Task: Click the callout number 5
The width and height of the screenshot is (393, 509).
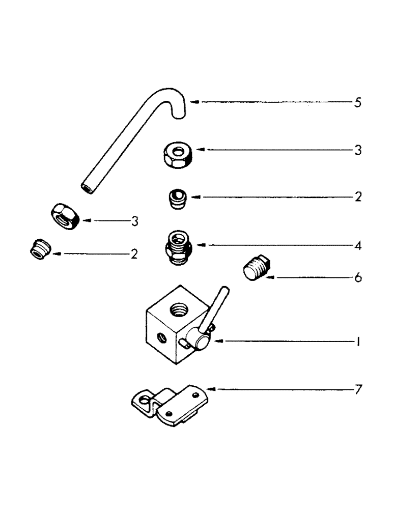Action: (x=358, y=102)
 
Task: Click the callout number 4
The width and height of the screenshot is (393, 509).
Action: (x=358, y=246)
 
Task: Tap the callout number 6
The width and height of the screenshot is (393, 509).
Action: (x=358, y=278)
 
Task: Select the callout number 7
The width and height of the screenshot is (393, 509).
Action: (x=358, y=390)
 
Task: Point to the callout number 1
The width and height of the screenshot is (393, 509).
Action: (x=358, y=343)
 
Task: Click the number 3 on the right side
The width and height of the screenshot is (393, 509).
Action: (x=358, y=151)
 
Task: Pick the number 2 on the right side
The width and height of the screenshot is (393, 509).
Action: (x=358, y=197)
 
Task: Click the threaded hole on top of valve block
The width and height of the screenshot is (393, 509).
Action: (x=179, y=308)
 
